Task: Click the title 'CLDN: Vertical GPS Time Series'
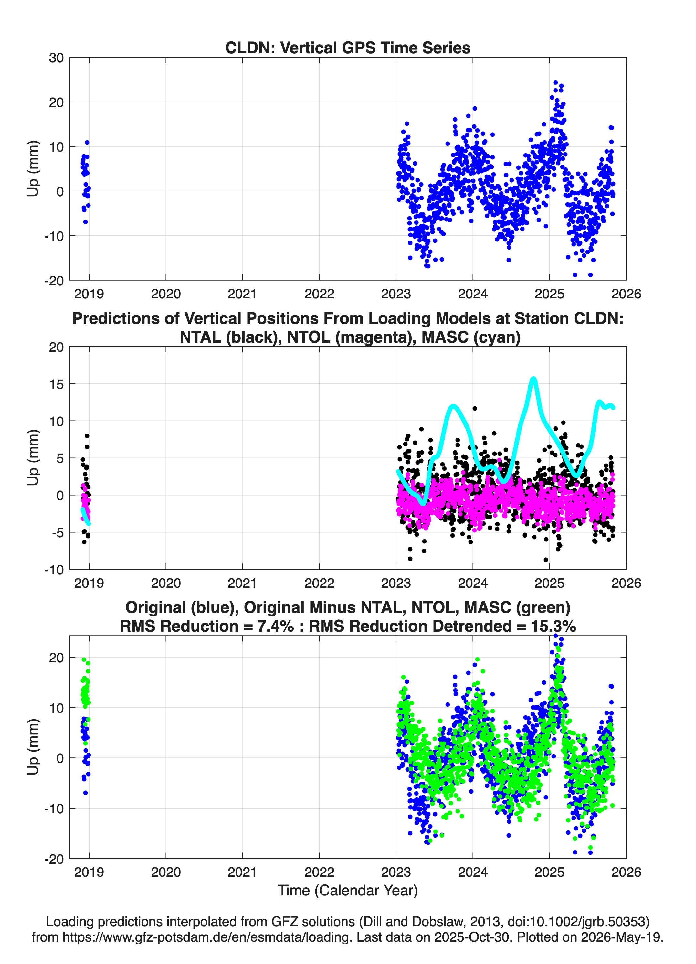(348, 48)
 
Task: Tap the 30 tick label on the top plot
(56, 58)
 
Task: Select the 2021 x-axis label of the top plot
(242, 294)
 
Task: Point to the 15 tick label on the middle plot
(56, 384)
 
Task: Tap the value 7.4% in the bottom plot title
(275, 626)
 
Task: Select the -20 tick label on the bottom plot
(54, 859)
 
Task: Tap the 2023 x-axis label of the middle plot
(396, 583)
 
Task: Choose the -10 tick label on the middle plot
(54, 570)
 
